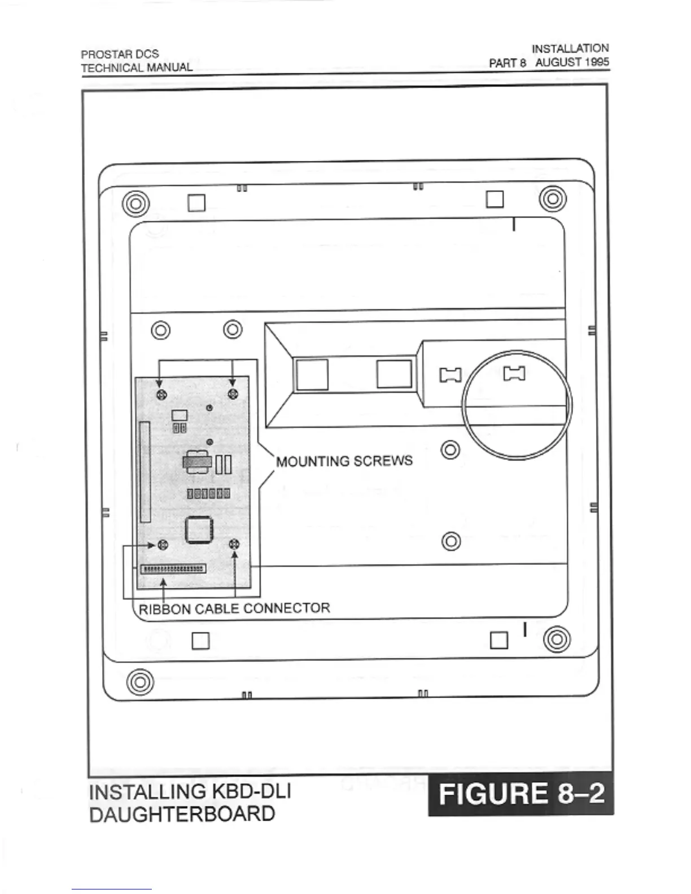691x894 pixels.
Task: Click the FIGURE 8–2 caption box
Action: point(521,793)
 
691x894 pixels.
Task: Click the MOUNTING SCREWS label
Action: point(344,461)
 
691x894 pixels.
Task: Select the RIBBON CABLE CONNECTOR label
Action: point(234,608)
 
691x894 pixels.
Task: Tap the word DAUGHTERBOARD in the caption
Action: point(182,814)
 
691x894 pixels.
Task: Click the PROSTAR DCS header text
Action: point(120,54)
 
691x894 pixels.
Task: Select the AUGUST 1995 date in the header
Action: point(572,62)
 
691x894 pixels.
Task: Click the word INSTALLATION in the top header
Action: point(570,49)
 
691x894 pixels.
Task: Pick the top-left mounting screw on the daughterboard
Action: point(160,393)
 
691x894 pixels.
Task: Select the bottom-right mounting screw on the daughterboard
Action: point(235,545)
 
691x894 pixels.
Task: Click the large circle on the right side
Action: point(517,405)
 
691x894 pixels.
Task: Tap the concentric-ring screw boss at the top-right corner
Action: point(553,199)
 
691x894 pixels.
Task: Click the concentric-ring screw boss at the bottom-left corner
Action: point(140,681)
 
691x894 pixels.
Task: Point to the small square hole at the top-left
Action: point(196,203)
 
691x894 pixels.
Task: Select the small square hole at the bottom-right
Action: point(499,640)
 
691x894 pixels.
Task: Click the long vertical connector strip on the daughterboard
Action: point(145,472)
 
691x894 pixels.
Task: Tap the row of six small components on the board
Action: point(208,494)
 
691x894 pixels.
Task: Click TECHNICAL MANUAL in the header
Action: point(137,68)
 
